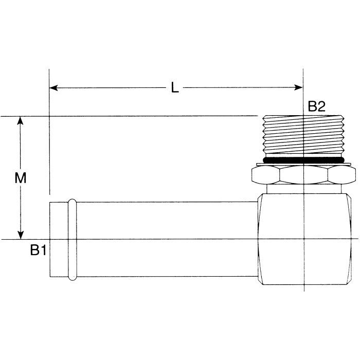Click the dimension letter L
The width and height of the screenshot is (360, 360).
[x=175, y=88]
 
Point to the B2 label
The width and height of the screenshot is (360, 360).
[x=317, y=106]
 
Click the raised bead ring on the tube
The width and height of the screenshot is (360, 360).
[x=73, y=240]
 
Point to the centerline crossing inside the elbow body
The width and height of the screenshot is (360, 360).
[x=304, y=239]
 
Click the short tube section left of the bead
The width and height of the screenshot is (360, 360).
[x=59, y=240]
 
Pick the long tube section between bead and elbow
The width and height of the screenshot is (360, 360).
[x=165, y=240]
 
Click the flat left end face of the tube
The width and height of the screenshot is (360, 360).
[x=50, y=240]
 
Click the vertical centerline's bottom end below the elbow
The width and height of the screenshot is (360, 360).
[x=304, y=289]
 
